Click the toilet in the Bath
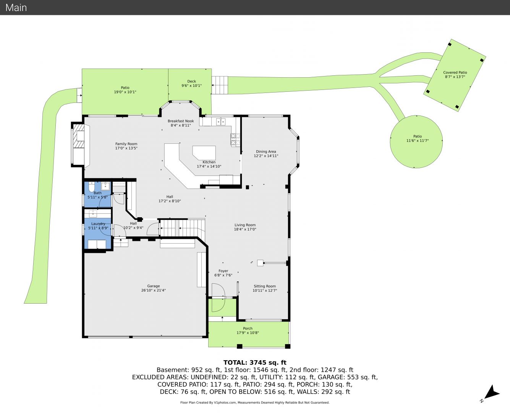click(x=92, y=187)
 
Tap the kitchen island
click(x=204, y=152)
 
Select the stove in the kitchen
click(x=235, y=140)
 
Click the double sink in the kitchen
click(x=221, y=122)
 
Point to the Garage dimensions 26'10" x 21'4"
click(x=154, y=290)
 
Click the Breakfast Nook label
click(x=181, y=121)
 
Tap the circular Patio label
click(x=417, y=136)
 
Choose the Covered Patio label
click(x=455, y=72)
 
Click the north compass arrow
click(x=492, y=394)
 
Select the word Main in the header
click(x=16, y=8)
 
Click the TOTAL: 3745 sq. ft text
click(x=255, y=363)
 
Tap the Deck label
click(x=191, y=81)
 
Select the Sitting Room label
click(x=265, y=286)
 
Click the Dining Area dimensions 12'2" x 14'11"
click(x=266, y=156)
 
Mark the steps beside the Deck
click(x=220, y=85)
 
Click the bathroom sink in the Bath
click(x=105, y=186)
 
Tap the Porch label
click(x=248, y=328)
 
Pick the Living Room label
click(x=245, y=225)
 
